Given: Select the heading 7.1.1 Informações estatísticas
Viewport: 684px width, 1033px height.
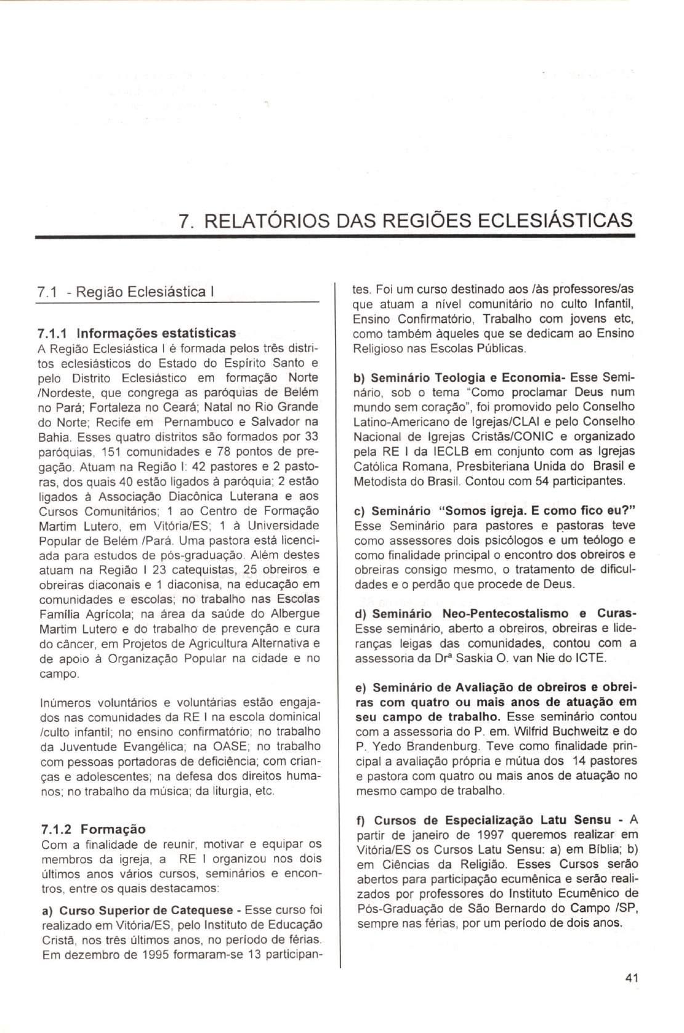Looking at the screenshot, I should tap(136, 333).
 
